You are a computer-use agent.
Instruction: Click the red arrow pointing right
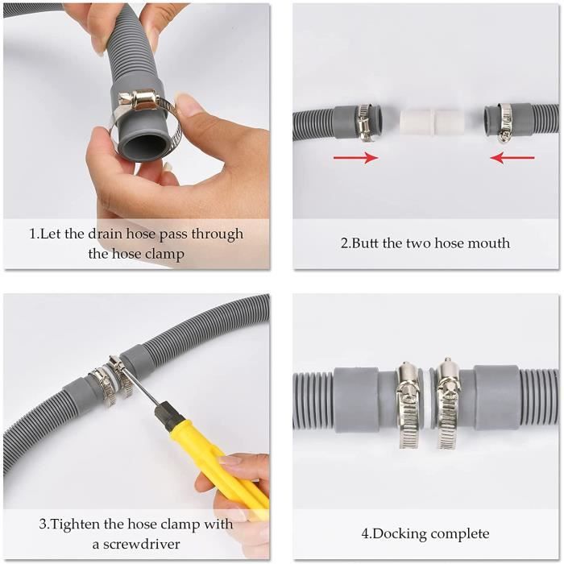point(356,157)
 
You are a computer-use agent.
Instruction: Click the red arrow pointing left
point(512,157)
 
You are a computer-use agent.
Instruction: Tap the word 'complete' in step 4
point(460,534)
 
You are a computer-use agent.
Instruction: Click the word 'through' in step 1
point(218,234)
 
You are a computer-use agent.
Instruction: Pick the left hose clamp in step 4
point(408,404)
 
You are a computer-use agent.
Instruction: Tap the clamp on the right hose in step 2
point(504,122)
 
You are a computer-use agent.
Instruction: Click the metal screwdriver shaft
point(139,386)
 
